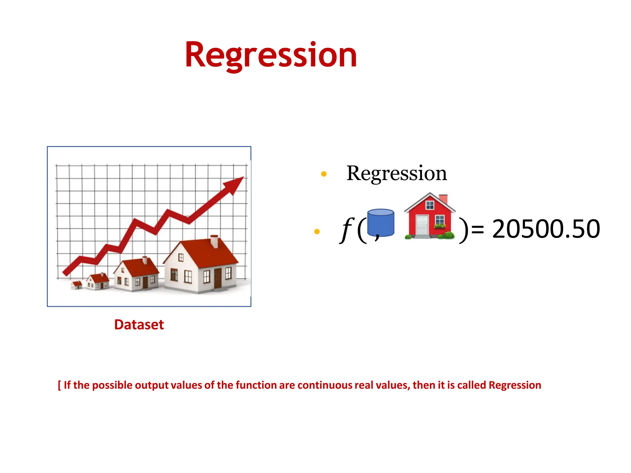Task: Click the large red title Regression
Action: tap(271, 55)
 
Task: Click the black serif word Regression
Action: tap(396, 173)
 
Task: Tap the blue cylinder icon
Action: tap(381, 223)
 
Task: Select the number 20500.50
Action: tap(546, 229)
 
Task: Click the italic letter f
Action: tap(347, 229)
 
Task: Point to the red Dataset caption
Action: tap(139, 325)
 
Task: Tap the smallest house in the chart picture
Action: tap(76, 285)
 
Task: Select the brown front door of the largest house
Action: tap(218, 278)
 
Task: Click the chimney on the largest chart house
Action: tap(214, 241)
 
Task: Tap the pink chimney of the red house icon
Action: tap(443, 199)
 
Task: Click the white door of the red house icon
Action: tap(422, 226)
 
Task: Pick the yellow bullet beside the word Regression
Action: tap(324, 174)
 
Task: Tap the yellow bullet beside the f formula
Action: tap(317, 231)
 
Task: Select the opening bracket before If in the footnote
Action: tap(59, 385)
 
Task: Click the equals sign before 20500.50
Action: tap(478, 229)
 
